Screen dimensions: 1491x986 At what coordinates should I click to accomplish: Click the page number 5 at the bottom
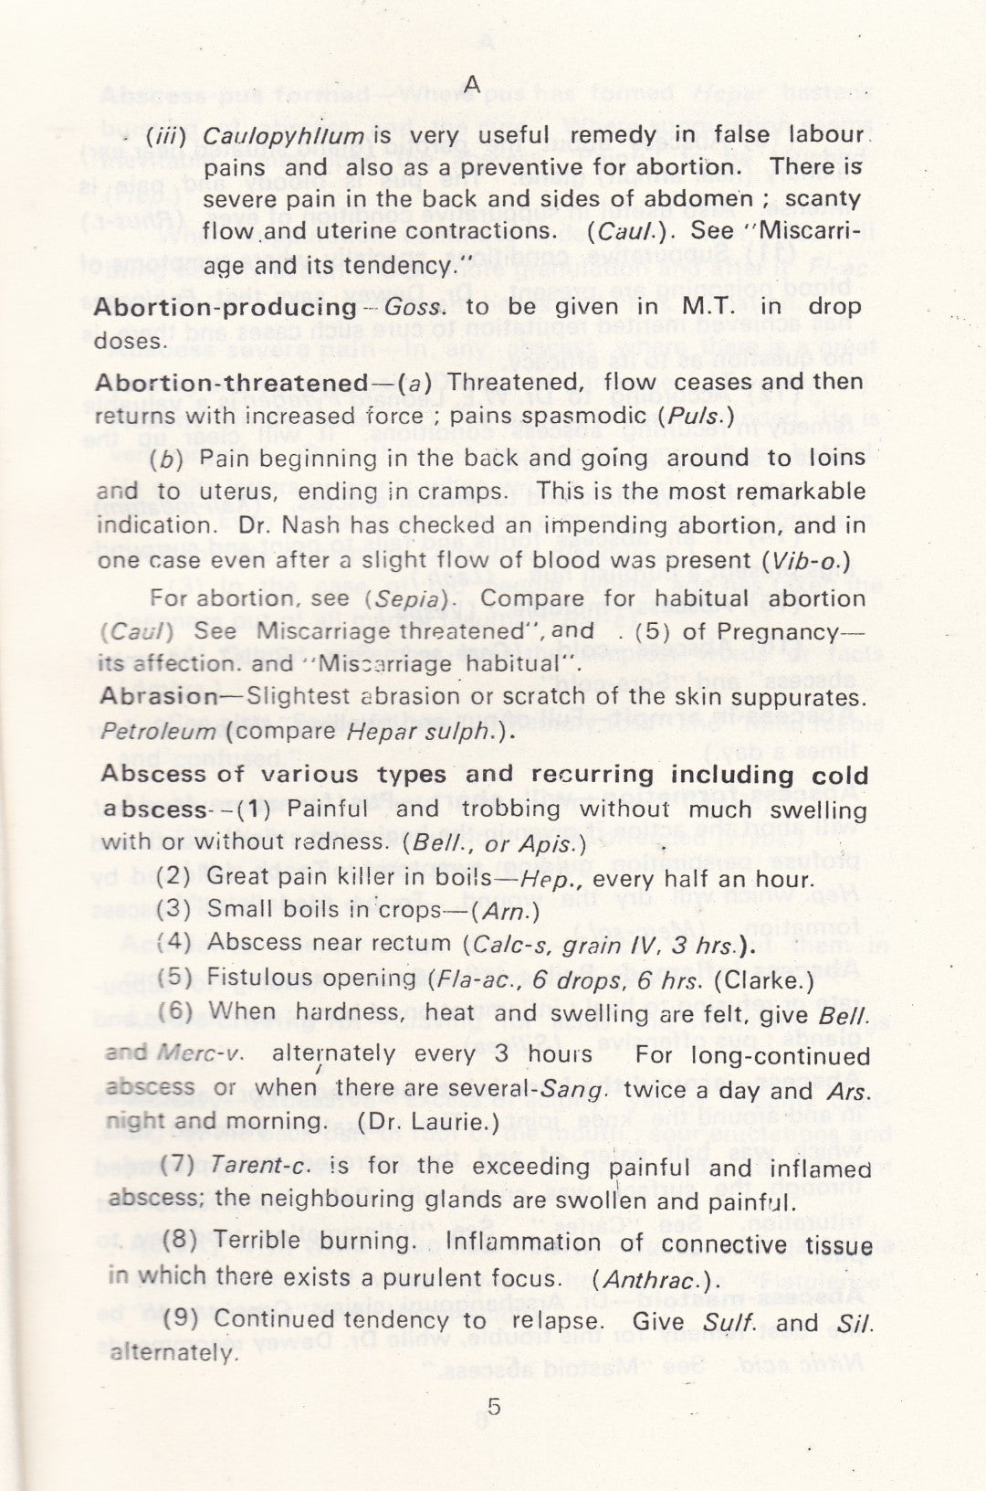pyautogui.click(x=494, y=1408)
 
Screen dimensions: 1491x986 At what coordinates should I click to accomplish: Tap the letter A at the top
pyautogui.click(x=472, y=84)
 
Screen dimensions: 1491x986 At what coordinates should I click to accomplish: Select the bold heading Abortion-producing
pyautogui.click(x=225, y=307)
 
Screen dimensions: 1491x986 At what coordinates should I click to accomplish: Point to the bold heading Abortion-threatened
pyautogui.click(x=230, y=382)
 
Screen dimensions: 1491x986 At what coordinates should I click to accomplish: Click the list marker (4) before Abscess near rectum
pyautogui.click(x=175, y=943)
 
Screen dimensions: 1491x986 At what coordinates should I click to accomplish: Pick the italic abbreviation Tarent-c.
pyautogui.click(x=249, y=1167)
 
